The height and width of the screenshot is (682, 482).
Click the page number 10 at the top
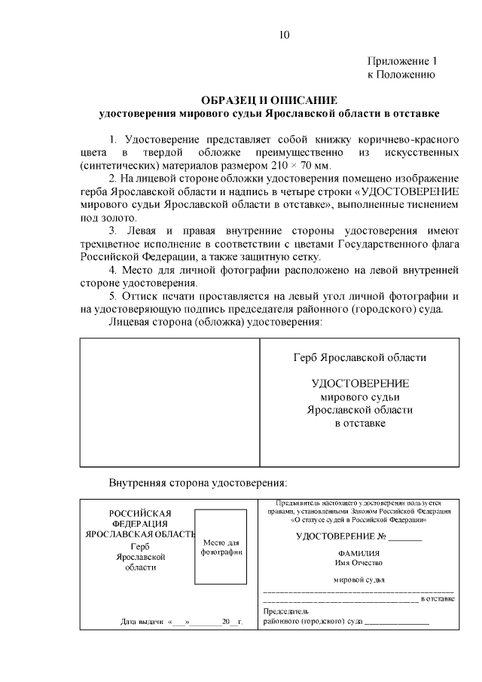pyautogui.click(x=284, y=35)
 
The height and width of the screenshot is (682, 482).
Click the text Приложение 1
pyautogui.click(x=402, y=60)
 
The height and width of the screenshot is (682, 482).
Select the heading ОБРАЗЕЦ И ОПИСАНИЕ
pyautogui.click(x=270, y=100)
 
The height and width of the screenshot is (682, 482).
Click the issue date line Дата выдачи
pyautogui.click(x=181, y=622)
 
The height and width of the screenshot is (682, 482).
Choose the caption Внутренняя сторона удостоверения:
pyautogui.click(x=198, y=482)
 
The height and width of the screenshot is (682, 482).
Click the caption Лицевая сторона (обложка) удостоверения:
pyautogui.click(x=216, y=322)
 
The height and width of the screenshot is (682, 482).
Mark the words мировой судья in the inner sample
pyautogui.click(x=358, y=580)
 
